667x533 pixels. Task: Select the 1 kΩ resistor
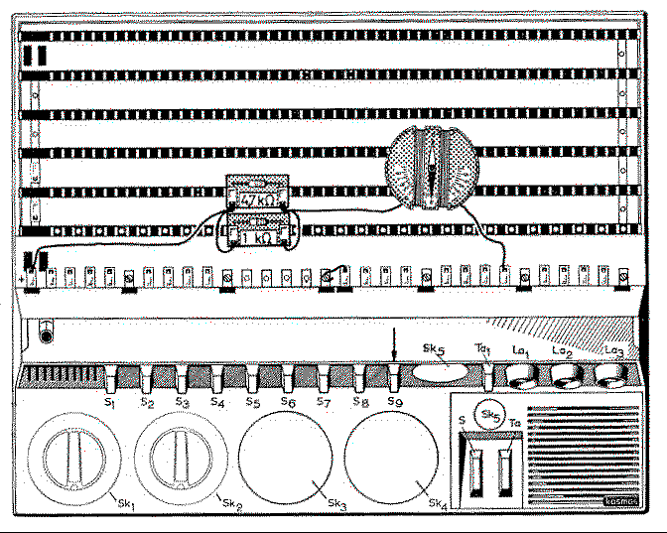pyautogui.click(x=257, y=234)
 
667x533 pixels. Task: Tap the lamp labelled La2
pyautogui.click(x=566, y=376)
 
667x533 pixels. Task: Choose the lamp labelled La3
pyautogui.click(x=610, y=376)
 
